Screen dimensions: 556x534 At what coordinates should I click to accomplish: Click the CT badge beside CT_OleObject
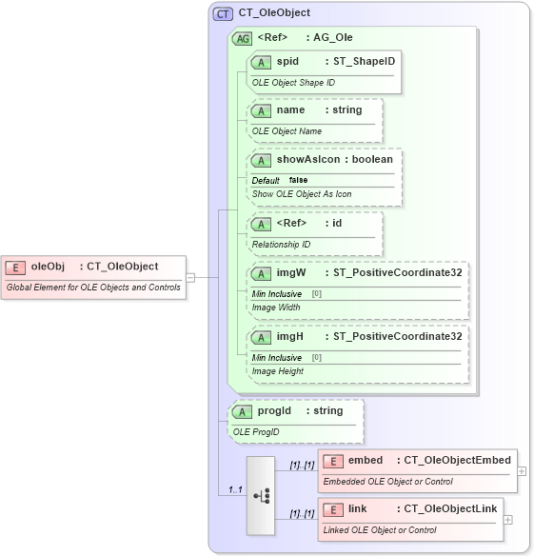224,13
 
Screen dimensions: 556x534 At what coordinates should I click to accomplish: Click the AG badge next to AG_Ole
243,38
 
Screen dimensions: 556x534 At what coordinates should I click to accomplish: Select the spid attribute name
287,61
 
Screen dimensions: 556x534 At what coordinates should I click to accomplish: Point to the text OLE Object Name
287,130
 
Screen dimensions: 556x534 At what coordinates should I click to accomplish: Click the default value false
298,180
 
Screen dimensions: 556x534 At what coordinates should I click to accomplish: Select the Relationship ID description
281,244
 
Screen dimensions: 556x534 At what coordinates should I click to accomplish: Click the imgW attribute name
291,272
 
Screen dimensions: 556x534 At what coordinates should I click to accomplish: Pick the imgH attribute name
290,336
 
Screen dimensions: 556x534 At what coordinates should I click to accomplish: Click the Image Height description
278,370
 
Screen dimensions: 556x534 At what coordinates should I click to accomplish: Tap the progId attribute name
274,410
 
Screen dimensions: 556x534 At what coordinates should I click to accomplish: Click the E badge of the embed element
333,461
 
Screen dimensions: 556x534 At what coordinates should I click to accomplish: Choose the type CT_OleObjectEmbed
457,461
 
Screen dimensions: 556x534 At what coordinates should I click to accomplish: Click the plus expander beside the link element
508,520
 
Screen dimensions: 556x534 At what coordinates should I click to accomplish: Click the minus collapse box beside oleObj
191,277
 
